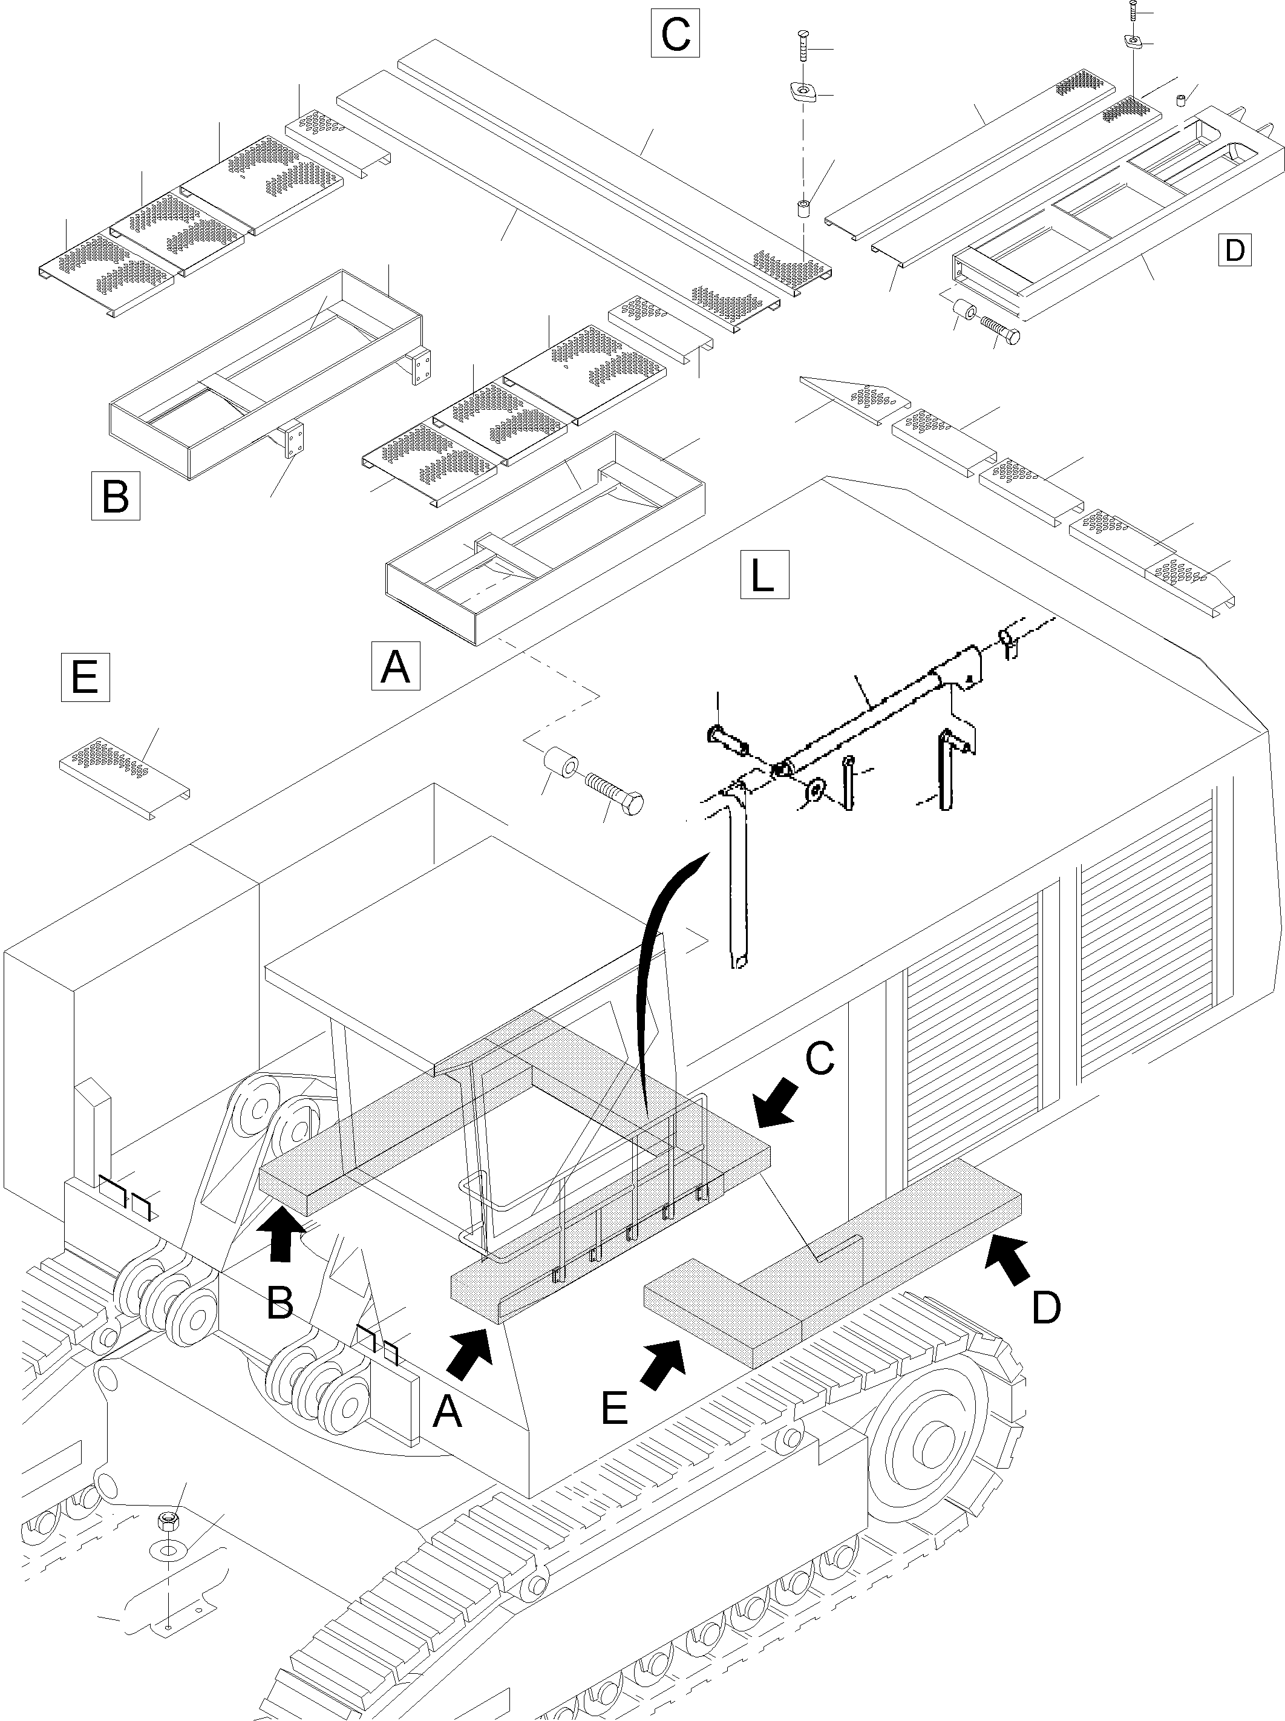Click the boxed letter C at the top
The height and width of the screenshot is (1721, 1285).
[x=675, y=33]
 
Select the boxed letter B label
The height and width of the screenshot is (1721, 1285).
[x=115, y=495]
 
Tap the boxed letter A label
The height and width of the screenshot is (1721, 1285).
[x=395, y=665]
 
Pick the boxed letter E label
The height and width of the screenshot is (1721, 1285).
[x=85, y=678]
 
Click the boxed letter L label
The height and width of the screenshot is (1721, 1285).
[x=764, y=575]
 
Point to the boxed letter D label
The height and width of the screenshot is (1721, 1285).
[x=1234, y=250]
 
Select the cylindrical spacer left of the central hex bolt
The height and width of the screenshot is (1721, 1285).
[x=560, y=764]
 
